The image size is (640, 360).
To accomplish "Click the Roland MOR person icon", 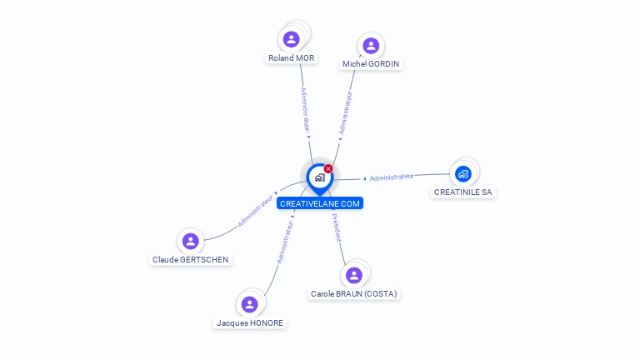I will click(291, 38).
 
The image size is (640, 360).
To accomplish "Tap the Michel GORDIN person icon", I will click(371, 45).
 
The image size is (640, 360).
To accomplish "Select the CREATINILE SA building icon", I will click(463, 173).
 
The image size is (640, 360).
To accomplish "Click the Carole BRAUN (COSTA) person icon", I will click(354, 275).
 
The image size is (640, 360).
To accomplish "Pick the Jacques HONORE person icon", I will click(249, 304).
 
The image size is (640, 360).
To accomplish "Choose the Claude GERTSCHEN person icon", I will click(190, 241).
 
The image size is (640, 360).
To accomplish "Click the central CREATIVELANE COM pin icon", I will click(319, 177).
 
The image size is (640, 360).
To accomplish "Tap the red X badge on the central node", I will click(328, 168).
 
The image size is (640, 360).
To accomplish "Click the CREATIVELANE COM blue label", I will click(320, 203).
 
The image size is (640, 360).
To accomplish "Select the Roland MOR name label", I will click(291, 58).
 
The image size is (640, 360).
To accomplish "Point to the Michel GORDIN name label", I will click(371, 64).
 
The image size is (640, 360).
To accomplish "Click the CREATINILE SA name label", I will click(463, 192).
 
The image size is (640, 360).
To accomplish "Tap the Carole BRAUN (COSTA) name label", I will click(354, 294).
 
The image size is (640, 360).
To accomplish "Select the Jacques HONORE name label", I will click(249, 323).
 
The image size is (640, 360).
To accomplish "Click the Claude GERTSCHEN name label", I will click(190, 260).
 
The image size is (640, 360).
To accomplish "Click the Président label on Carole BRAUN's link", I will click(337, 227).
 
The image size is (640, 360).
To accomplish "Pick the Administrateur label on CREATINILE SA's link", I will click(392, 177).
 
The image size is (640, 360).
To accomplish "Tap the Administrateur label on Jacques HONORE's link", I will click(284, 242).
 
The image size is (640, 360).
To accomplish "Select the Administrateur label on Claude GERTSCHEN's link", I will click(256, 211).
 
